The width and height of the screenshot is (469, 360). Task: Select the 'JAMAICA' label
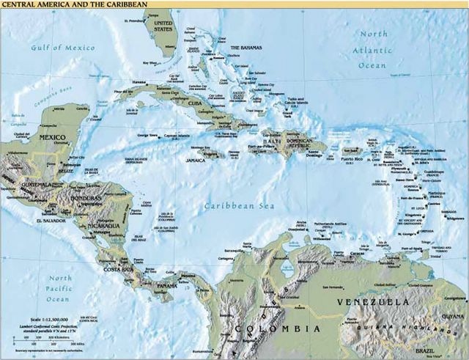pyautogui.click(x=195, y=159)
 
